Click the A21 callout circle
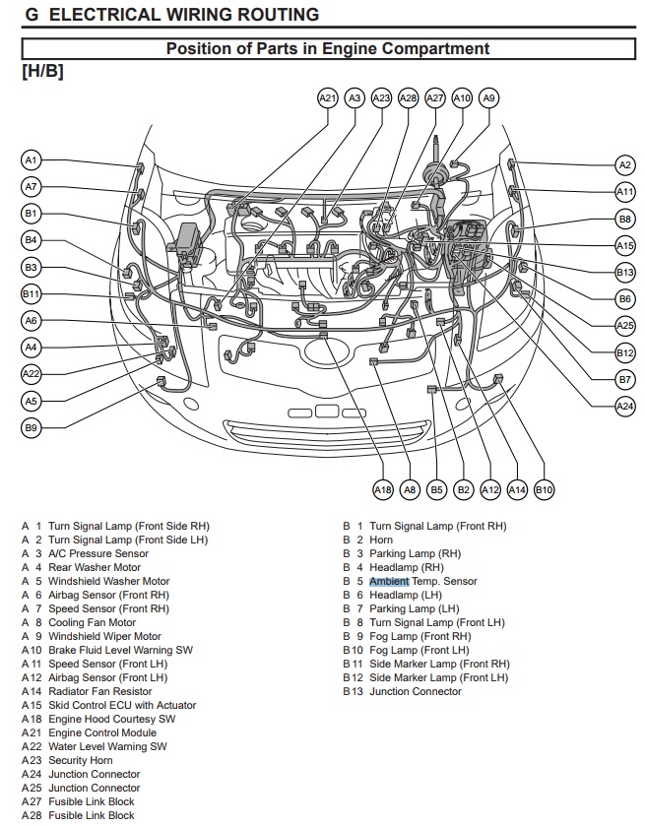[x=328, y=97]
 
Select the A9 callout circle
[x=488, y=97]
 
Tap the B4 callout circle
[x=31, y=239]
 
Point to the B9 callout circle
[x=31, y=428]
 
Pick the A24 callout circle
[x=624, y=406]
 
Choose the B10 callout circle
[x=544, y=488]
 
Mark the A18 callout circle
[x=383, y=488]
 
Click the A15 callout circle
[x=624, y=246]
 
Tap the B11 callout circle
[x=31, y=293]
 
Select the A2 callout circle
[x=624, y=165]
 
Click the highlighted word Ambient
[x=389, y=581]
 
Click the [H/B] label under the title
[x=42, y=72]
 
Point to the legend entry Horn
[x=381, y=540]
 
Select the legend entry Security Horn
[x=81, y=760]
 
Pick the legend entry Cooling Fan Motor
[x=92, y=622]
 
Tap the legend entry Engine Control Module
[x=102, y=732]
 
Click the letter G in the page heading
[x=32, y=15]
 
